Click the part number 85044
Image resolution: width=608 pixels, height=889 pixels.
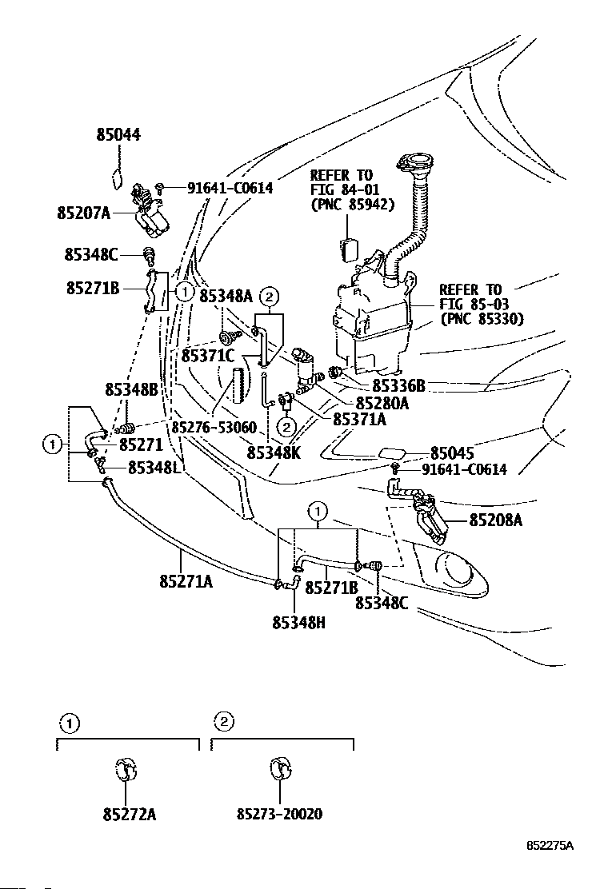tap(118, 135)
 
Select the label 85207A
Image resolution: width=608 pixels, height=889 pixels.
tap(84, 213)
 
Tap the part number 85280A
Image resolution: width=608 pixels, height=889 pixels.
tap(382, 403)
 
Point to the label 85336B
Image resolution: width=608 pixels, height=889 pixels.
tap(398, 385)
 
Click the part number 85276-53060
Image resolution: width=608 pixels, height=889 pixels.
tap(214, 427)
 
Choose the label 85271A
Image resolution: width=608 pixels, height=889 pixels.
tap(186, 582)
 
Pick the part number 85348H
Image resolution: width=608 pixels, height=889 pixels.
tap(299, 623)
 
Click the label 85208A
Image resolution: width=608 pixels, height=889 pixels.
tap(496, 520)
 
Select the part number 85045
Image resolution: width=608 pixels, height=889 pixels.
tap(452, 453)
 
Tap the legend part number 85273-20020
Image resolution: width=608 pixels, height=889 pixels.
tap(280, 814)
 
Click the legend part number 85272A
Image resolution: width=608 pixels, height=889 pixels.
tap(130, 814)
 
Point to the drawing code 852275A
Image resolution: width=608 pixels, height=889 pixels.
tap(550, 845)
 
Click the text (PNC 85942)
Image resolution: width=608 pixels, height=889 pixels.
tap(352, 204)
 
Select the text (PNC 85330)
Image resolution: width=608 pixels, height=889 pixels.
tap(482, 319)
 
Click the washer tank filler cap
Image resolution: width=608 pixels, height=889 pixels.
tap(414, 162)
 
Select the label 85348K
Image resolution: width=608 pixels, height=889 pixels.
tap(274, 453)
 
